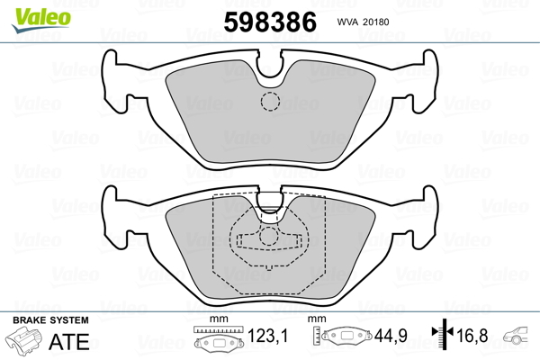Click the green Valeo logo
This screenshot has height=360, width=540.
pyautogui.click(x=41, y=20)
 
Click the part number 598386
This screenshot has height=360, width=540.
pyautogui.click(x=270, y=22)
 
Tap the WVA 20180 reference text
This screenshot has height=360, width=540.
pyautogui.click(x=363, y=22)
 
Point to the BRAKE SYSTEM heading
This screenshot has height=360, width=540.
pyautogui.click(x=50, y=320)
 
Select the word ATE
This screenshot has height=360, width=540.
pyautogui.click(x=69, y=341)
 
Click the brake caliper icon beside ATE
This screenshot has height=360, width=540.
pyautogui.click(x=24, y=340)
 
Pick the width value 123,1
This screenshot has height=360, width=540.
pyautogui.click(x=267, y=336)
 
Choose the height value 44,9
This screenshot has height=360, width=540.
pyautogui.click(x=391, y=336)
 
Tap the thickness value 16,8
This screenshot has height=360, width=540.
pyautogui.click(x=472, y=336)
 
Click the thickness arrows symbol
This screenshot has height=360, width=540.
pyautogui.click(x=443, y=334)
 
